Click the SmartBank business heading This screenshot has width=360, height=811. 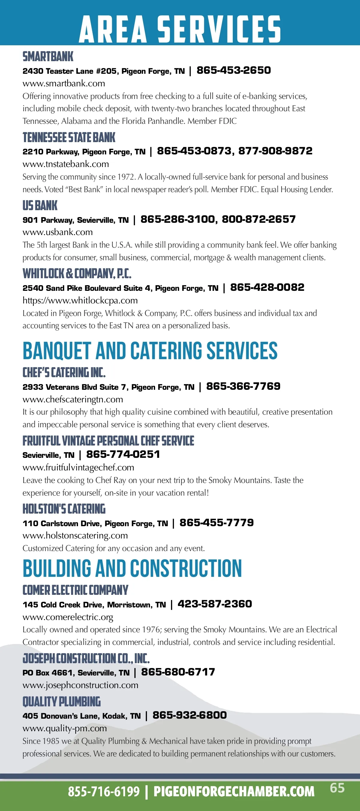coord(48,57)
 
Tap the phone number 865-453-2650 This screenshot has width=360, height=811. coord(233,70)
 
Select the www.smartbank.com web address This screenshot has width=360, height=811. coord(64,83)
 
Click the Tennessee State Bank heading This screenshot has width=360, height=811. coord(69,138)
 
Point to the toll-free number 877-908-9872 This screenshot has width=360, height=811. coord(275,151)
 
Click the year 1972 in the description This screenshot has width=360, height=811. coord(125,177)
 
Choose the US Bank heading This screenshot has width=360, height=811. coord(40,206)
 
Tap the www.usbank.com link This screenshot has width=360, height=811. coord(58,232)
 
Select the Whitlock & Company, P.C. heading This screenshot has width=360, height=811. coord(77,274)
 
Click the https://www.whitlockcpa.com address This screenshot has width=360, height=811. coord(80,300)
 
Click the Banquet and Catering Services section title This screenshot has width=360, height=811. coord(150,351)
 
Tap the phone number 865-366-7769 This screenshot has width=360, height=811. coord(243,386)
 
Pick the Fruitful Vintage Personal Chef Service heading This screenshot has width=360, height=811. coord(108,441)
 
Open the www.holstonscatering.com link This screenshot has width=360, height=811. coord(75,535)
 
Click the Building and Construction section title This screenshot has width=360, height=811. coord(132,568)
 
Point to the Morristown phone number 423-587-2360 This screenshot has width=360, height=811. coord(214,604)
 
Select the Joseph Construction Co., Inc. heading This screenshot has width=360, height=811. coord(86,658)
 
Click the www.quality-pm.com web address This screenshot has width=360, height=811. coord(64,728)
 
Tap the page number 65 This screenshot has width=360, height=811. coord(337,788)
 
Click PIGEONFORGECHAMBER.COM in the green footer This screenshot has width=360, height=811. coord(234,792)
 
